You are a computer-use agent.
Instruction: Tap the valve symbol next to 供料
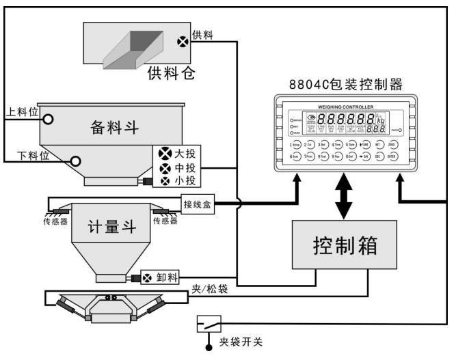(x=183, y=40)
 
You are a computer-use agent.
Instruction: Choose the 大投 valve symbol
(x=164, y=154)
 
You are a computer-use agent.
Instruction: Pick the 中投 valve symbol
(x=164, y=168)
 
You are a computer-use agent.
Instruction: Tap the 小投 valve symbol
(x=164, y=182)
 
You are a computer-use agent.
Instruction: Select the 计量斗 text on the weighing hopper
(x=109, y=227)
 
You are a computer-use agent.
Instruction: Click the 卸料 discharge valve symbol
(x=146, y=277)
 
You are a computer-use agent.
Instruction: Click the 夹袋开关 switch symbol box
(x=208, y=320)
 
